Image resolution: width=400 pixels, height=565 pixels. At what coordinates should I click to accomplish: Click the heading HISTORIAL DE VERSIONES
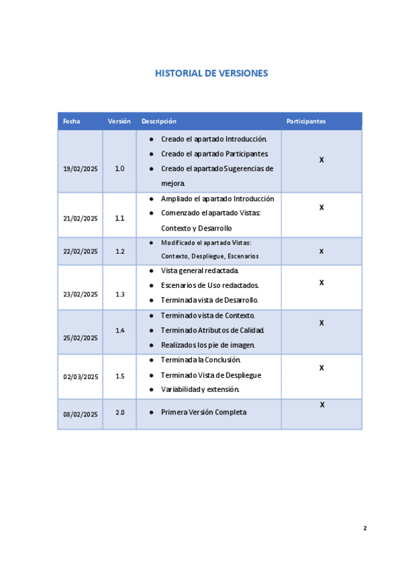(x=211, y=73)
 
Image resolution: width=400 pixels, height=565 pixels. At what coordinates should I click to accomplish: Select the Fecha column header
(x=71, y=121)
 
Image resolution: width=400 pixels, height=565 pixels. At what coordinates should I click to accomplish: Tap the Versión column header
(x=119, y=121)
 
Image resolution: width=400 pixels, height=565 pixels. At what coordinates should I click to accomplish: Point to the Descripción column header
(x=159, y=121)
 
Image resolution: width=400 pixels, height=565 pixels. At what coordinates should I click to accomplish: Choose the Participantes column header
(x=306, y=121)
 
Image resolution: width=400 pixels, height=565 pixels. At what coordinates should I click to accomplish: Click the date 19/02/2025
(x=81, y=169)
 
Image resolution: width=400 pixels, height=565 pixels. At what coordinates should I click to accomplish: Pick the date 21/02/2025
(x=81, y=219)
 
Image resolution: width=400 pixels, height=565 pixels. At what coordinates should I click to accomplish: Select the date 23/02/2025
(x=81, y=294)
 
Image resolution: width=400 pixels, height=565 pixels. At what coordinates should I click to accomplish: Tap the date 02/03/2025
(x=81, y=376)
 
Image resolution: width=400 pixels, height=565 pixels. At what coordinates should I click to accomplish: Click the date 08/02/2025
(x=81, y=414)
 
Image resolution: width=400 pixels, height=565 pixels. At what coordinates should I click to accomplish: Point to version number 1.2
(x=120, y=251)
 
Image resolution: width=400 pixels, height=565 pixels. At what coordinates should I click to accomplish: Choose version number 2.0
(x=120, y=412)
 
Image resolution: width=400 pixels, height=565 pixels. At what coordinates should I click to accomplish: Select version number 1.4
(x=120, y=330)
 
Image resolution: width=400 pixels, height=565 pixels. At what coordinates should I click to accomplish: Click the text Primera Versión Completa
(x=203, y=412)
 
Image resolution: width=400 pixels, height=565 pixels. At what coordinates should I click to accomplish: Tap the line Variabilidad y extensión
(x=200, y=389)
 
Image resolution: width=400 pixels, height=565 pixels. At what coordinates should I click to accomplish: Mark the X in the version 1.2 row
(x=321, y=251)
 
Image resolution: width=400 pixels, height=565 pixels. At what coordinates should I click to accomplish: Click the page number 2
(x=365, y=528)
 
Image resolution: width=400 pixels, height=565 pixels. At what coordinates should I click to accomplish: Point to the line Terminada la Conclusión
(x=201, y=360)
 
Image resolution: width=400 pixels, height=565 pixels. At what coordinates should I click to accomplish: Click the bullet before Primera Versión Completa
(x=152, y=412)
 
